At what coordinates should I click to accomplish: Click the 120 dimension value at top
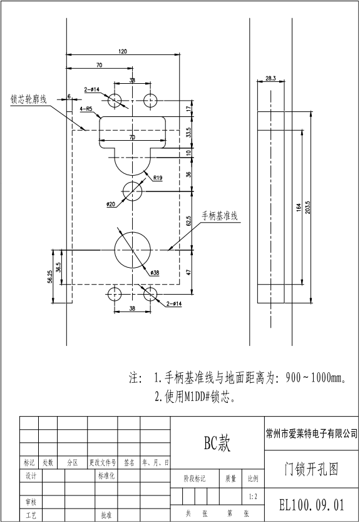(x=122, y=51)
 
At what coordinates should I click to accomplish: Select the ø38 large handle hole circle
(x=133, y=249)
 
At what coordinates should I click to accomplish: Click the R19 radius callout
(x=157, y=178)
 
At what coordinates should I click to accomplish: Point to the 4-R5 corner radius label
(x=86, y=108)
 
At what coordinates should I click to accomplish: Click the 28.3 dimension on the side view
(x=270, y=78)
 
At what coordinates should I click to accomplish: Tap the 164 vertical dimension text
(x=299, y=206)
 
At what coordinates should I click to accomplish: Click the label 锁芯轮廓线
(x=29, y=99)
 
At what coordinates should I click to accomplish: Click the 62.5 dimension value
(x=188, y=221)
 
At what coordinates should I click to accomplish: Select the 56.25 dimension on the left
(x=50, y=276)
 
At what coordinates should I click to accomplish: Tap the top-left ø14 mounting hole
(x=115, y=100)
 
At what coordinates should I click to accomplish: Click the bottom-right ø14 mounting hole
(x=151, y=294)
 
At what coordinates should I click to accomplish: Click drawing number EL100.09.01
(x=311, y=504)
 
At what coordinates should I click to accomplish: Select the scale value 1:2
(x=253, y=496)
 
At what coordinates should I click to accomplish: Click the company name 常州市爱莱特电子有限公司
(x=311, y=433)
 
